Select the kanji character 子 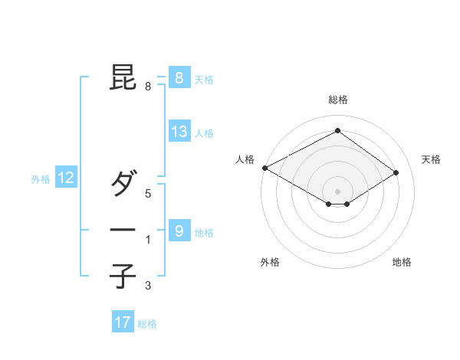(123, 277)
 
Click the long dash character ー (123, 229)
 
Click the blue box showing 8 (179, 77)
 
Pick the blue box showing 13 (179, 132)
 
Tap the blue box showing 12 (66, 178)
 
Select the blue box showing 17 (123, 322)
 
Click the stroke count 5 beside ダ (148, 194)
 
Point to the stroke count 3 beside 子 (148, 286)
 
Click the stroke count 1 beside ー (148, 240)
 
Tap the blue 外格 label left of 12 (41, 179)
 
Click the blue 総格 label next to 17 (147, 324)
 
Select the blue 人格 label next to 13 (204, 133)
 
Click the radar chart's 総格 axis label (337, 100)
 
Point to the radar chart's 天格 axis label (431, 159)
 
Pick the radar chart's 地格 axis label (402, 262)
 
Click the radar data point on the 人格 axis (264, 167)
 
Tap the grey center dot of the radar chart (337, 191)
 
